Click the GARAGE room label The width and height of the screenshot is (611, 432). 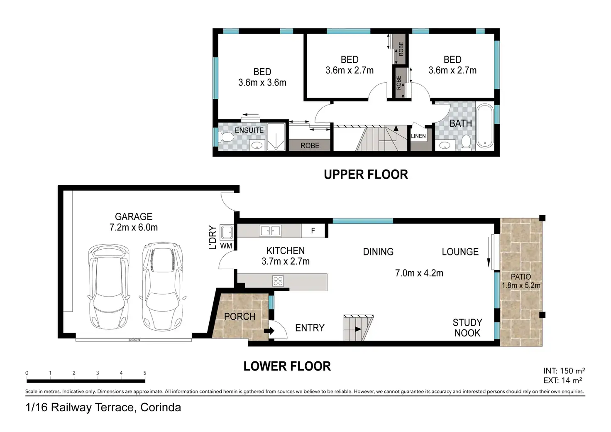133,217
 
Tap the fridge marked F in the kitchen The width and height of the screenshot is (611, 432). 313,231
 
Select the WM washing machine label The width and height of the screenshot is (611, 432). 226,246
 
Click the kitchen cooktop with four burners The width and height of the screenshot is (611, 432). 278,281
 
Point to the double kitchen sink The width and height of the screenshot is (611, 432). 271,231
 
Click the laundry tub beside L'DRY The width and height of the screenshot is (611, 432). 227,232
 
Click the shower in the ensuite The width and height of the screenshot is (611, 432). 276,137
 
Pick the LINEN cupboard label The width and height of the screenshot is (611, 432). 418,136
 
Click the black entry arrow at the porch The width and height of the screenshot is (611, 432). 269,331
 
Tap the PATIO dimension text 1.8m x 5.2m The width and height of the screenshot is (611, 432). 521,285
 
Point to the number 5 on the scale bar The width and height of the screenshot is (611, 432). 145,373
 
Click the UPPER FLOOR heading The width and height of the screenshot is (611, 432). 366,174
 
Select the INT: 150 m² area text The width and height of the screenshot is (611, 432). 564,371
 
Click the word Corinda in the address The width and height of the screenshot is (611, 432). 161,407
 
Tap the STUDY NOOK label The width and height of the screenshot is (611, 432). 467,328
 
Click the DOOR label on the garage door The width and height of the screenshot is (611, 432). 134,340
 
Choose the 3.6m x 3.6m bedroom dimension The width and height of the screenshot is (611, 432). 262,82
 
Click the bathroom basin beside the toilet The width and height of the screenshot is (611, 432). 445,145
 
